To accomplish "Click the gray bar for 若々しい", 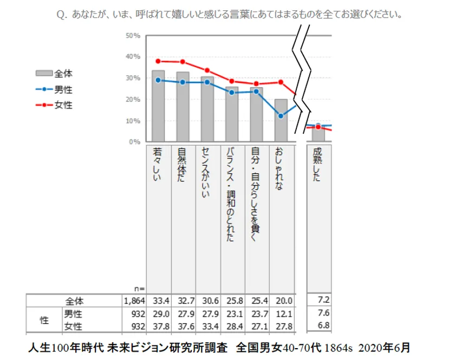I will (x=158, y=106).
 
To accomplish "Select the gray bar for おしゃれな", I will (x=281, y=120).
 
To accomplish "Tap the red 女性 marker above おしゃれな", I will (x=281, y=82).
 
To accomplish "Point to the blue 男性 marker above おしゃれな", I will (x=281, y=116).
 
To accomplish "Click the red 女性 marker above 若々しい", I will (x=158, y=61).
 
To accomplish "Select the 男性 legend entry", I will (x=54, y=89).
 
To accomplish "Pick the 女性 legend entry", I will (x=54, y=105).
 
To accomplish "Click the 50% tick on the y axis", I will (x=133, y=36).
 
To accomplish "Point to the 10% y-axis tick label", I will (x=133, y=121).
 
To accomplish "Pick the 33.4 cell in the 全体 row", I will (x=158, y=300).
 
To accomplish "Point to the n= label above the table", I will (x=139, y=289).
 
